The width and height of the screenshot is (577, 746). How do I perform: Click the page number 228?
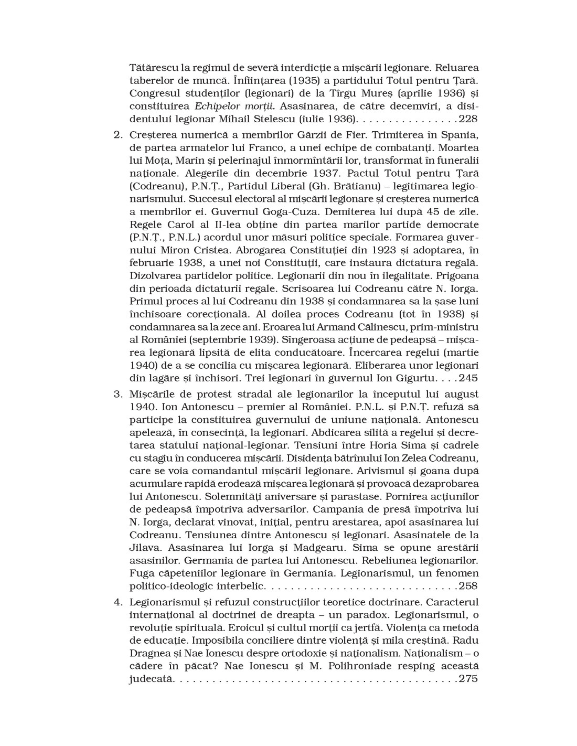468,119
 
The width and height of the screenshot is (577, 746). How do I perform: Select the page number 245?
468,378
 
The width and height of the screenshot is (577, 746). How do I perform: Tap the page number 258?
468,585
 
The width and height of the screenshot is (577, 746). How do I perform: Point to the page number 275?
468,679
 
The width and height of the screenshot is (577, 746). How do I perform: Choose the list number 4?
117,602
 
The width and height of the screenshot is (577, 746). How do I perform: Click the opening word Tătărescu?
154,68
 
